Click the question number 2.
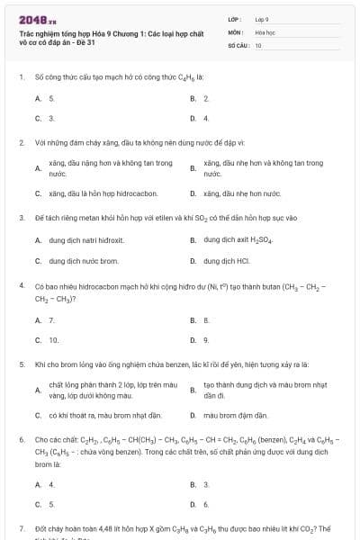click(x=21, y=142)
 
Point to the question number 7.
click(x=21, y=529)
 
